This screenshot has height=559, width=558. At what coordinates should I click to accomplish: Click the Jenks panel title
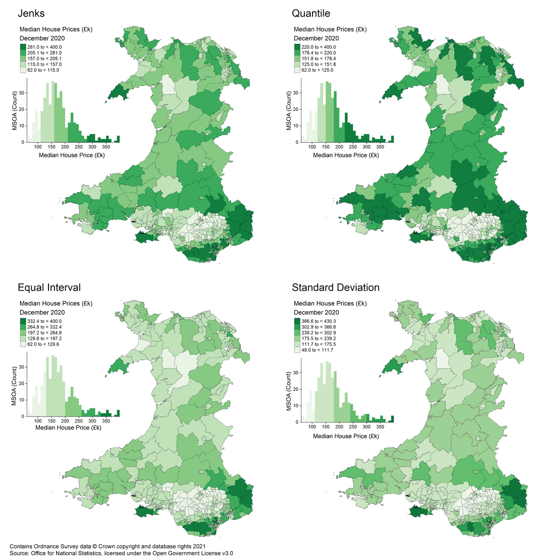31,13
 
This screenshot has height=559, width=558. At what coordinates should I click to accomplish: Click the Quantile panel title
311,13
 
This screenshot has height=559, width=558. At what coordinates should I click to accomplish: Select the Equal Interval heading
49,287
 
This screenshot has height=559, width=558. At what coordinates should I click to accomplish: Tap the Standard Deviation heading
335,287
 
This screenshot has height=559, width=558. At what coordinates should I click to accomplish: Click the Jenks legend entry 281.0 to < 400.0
44,47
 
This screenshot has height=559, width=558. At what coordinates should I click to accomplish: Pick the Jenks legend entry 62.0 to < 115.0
43,70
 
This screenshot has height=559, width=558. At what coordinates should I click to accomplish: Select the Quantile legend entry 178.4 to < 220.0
318,53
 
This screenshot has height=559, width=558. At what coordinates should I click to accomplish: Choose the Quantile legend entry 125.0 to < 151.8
318,64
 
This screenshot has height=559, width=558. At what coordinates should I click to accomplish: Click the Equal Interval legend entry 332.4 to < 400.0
44,321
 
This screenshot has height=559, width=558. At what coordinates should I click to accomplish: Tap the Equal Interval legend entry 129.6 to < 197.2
44,339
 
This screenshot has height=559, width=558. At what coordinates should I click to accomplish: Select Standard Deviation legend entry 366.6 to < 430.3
318,321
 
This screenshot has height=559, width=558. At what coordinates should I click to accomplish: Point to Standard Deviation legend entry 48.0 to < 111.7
317,350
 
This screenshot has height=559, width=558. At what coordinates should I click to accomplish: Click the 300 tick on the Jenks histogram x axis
92,147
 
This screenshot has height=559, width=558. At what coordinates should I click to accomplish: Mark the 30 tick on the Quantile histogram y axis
296,93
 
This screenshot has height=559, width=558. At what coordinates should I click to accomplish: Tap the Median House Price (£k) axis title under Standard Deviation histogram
346,436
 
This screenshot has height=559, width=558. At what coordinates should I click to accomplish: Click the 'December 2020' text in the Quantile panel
316,38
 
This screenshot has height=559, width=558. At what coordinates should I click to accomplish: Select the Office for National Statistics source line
121,553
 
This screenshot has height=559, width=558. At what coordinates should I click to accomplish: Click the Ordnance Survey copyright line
107,546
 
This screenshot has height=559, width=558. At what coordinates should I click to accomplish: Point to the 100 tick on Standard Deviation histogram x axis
312,426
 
